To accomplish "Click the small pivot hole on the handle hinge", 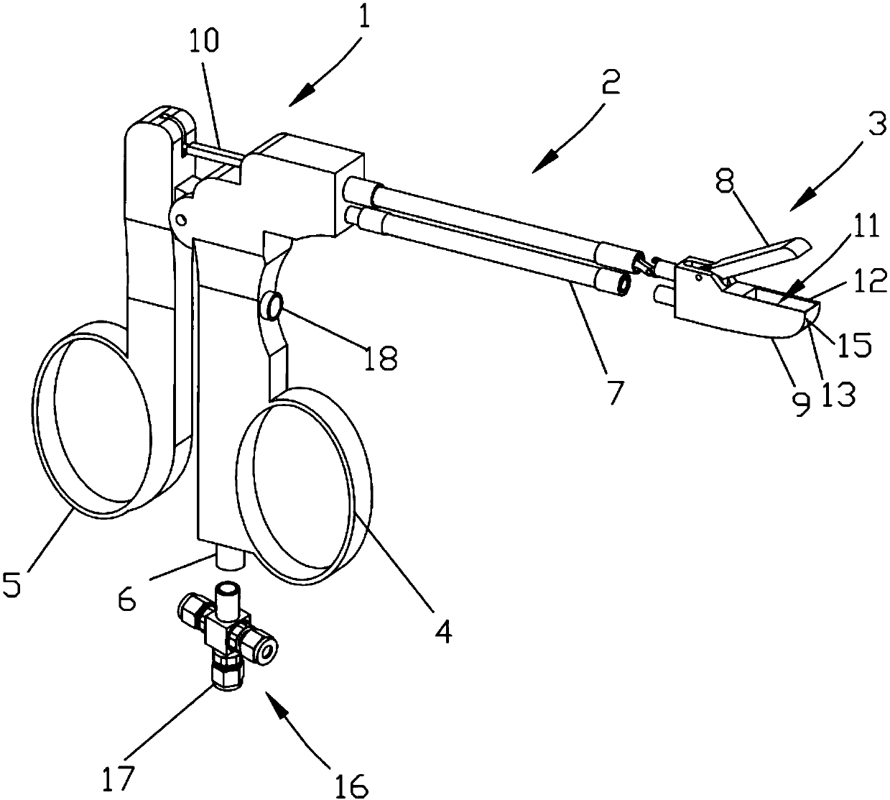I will pos(182,218).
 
